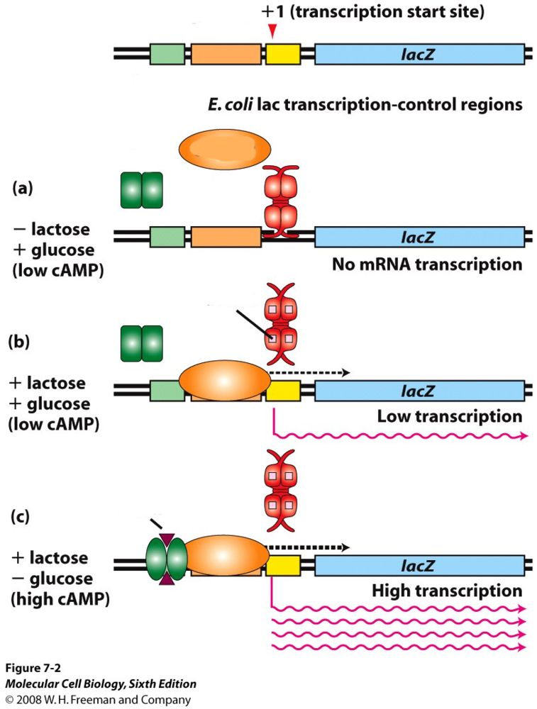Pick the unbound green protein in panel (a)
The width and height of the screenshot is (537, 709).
142,190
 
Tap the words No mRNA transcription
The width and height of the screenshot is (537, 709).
427,265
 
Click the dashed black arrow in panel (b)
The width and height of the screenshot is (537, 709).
309,372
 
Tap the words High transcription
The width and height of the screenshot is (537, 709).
447,590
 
